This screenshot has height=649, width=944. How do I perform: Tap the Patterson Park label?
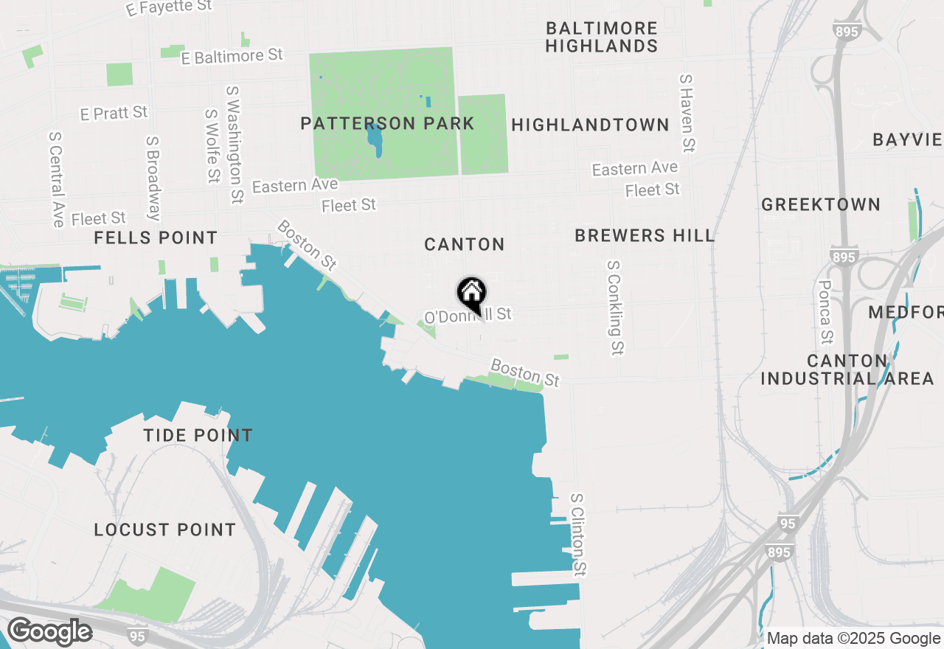[x=387, y=124]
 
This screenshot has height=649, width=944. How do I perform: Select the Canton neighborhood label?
[x=465, y=244]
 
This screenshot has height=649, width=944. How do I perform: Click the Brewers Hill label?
[x=645, y=236]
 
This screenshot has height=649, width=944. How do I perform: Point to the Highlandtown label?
[x=590, y=125]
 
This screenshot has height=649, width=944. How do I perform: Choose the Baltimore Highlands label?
[x=602, y=37]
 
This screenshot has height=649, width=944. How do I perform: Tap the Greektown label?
[x=821, y=205]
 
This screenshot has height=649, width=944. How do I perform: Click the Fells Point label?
[x=156, y=237]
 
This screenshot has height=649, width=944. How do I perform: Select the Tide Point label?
[x=198, y=435]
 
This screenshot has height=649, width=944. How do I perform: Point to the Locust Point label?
[x=165, y=530]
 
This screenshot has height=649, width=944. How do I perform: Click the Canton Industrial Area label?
[x=847, y=369]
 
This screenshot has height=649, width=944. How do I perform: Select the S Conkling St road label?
[x=615, y=307]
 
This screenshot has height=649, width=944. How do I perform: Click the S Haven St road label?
[x=687, y=113]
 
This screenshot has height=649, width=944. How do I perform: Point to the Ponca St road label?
[x=825, y=311]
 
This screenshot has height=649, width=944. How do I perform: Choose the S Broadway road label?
[x=153, y=178]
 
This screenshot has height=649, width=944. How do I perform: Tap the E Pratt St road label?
[x=114, y=113]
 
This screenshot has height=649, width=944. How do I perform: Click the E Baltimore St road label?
[x=232, y=56]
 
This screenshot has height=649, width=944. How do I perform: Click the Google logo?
[x=49, y=632]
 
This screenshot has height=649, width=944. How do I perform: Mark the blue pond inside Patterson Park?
[x=375, y=139]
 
